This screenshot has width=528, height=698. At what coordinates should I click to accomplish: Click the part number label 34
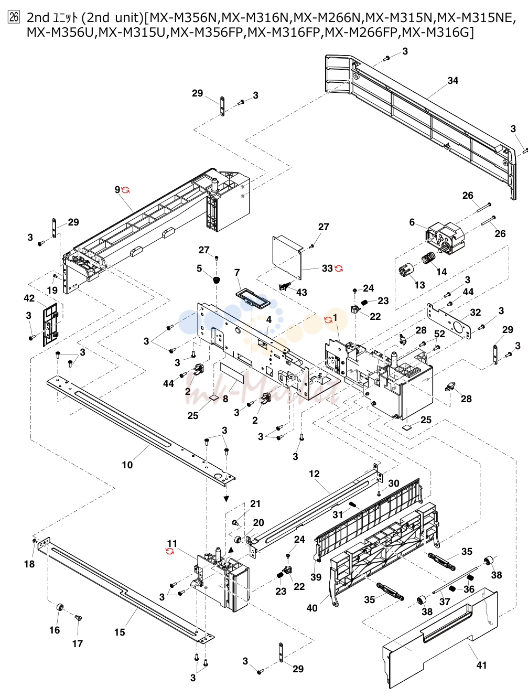[452, 81]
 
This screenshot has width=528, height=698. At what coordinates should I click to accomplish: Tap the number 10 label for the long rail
[127, 465]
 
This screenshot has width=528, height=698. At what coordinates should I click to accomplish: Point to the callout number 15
[120, 632]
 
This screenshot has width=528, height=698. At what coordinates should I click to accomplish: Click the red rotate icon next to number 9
[125, 190]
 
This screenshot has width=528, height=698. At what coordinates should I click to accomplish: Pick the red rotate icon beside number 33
[339, 269]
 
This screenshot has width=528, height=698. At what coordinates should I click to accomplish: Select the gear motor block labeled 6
[445, 238]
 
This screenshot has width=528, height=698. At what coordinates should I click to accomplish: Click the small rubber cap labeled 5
[216, 281]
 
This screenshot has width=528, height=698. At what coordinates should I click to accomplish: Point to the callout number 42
[29, 298]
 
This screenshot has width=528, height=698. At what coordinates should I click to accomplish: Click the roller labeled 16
[59, 607]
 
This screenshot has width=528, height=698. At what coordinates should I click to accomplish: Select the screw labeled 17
[78, 618]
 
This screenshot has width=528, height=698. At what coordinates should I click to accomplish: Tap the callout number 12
[314, 474]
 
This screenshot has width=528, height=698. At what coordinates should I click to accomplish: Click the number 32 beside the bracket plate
[475, 312]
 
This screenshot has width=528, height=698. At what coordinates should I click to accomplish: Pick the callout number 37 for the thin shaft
[445, 602]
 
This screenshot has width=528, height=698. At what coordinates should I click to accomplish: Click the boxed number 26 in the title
[14, 17]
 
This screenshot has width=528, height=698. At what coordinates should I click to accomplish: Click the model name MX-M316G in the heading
[435, 32]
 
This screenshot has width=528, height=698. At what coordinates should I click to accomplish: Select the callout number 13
[419, 285]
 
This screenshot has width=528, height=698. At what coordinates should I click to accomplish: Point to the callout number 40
[312, 608]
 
